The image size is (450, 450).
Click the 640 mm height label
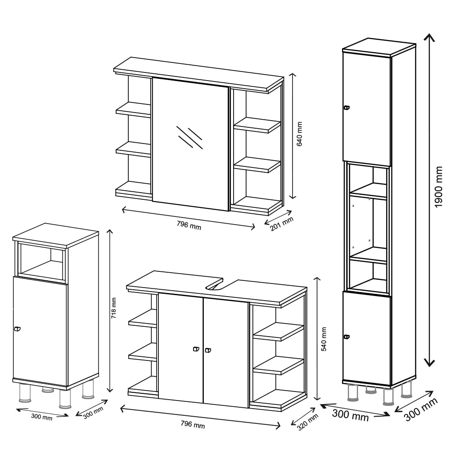point(299,134)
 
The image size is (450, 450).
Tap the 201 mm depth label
point(282,224)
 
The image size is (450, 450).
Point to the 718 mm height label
point(114,308)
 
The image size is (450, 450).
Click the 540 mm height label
point(324,339)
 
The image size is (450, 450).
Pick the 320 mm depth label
point(307,422)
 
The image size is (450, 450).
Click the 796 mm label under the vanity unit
point(193,424)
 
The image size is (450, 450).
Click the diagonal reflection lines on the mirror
point(189,137)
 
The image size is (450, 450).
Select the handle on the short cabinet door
point(17,329)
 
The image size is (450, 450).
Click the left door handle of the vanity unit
point(196,349)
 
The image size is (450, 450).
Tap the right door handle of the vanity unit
point(208,350)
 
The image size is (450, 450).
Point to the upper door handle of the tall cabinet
point(346,108)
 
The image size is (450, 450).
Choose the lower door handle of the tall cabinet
point(346,337)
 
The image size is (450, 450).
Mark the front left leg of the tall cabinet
point(353,392)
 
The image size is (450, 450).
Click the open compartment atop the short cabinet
point(41,260)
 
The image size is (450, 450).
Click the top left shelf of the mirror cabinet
point(134,109)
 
